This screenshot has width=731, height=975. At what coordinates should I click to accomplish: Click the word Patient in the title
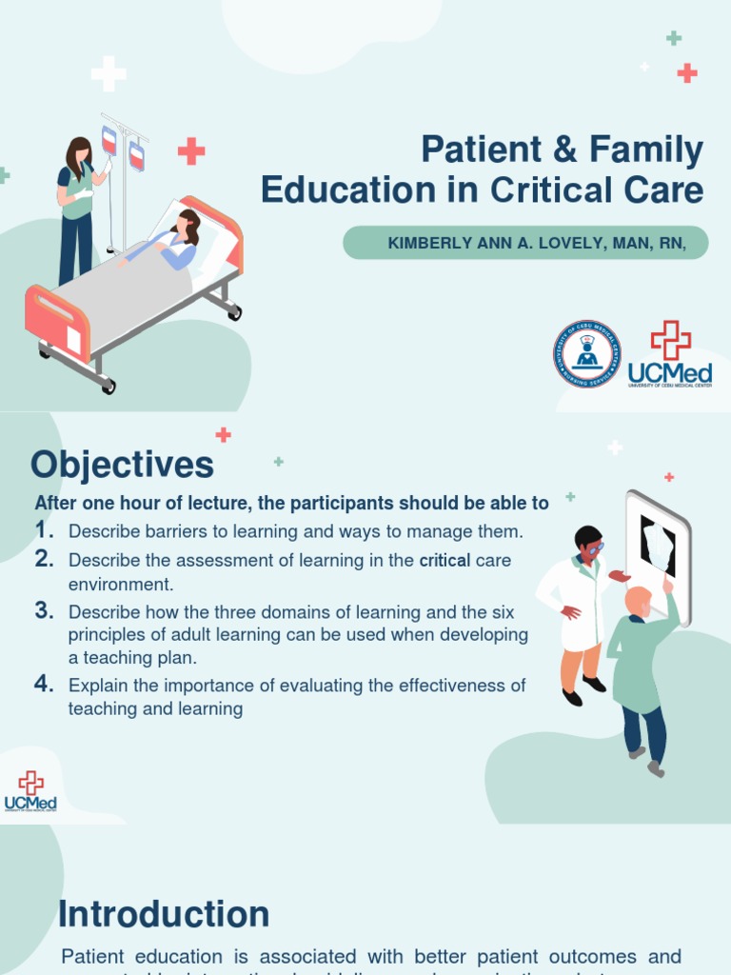468,150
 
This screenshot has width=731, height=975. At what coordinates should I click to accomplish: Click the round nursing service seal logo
587,354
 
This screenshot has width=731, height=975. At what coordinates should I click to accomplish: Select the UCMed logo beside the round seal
670,354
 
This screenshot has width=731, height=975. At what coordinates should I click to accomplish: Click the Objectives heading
122,466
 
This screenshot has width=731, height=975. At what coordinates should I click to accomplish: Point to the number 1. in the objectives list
44,529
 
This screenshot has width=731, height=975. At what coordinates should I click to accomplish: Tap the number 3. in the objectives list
44,611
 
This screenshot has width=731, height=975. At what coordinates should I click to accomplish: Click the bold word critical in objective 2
445,560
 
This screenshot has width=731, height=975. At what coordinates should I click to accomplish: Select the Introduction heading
164,914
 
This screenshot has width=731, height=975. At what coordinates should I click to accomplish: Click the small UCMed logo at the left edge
30,791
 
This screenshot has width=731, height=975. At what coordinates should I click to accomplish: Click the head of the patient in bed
188,226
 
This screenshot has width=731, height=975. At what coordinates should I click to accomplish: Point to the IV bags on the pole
123,148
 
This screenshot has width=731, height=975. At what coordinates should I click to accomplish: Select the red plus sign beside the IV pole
191,151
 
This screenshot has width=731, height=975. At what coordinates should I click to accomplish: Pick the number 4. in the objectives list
44,684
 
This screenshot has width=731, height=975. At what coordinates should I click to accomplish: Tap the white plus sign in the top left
109,73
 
